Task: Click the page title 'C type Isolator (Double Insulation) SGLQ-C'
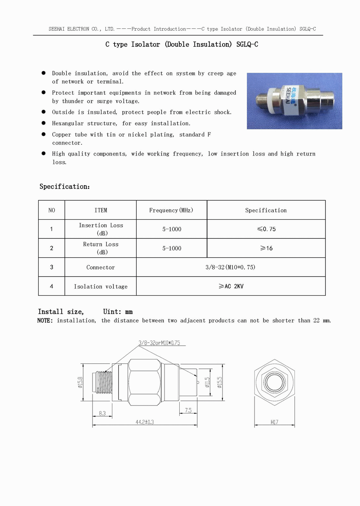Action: click(x=181, y=44)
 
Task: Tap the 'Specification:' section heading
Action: click(x=64, y=187)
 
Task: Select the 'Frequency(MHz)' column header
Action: click(x=171, y=210)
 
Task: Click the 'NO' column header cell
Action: click(x=51, y=210)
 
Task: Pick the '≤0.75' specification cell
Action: click(x=266, y=229)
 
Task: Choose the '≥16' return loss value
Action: click(x=266, y=248)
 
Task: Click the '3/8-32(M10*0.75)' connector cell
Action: click(x=230, y=267)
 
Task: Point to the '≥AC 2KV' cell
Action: click(x=231, y=286)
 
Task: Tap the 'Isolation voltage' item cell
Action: click(x=100, y=286)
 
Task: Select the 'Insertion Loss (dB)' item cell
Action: click(x=101, y=229)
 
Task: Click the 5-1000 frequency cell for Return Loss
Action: click(x=172, y=248)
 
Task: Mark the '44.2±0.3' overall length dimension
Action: click(x=145, y=422)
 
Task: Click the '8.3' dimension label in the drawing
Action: click(x=102, y=413)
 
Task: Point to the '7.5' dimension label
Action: click(x=188, y=410)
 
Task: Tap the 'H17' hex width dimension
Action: click(x=274, y=422)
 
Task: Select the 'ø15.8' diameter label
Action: click(x=80, y=382)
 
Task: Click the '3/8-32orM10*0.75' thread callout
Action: click(x=159, y=343)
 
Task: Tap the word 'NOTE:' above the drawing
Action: click(x=45, y=321)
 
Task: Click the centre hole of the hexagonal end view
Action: click(x=274, y=382)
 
